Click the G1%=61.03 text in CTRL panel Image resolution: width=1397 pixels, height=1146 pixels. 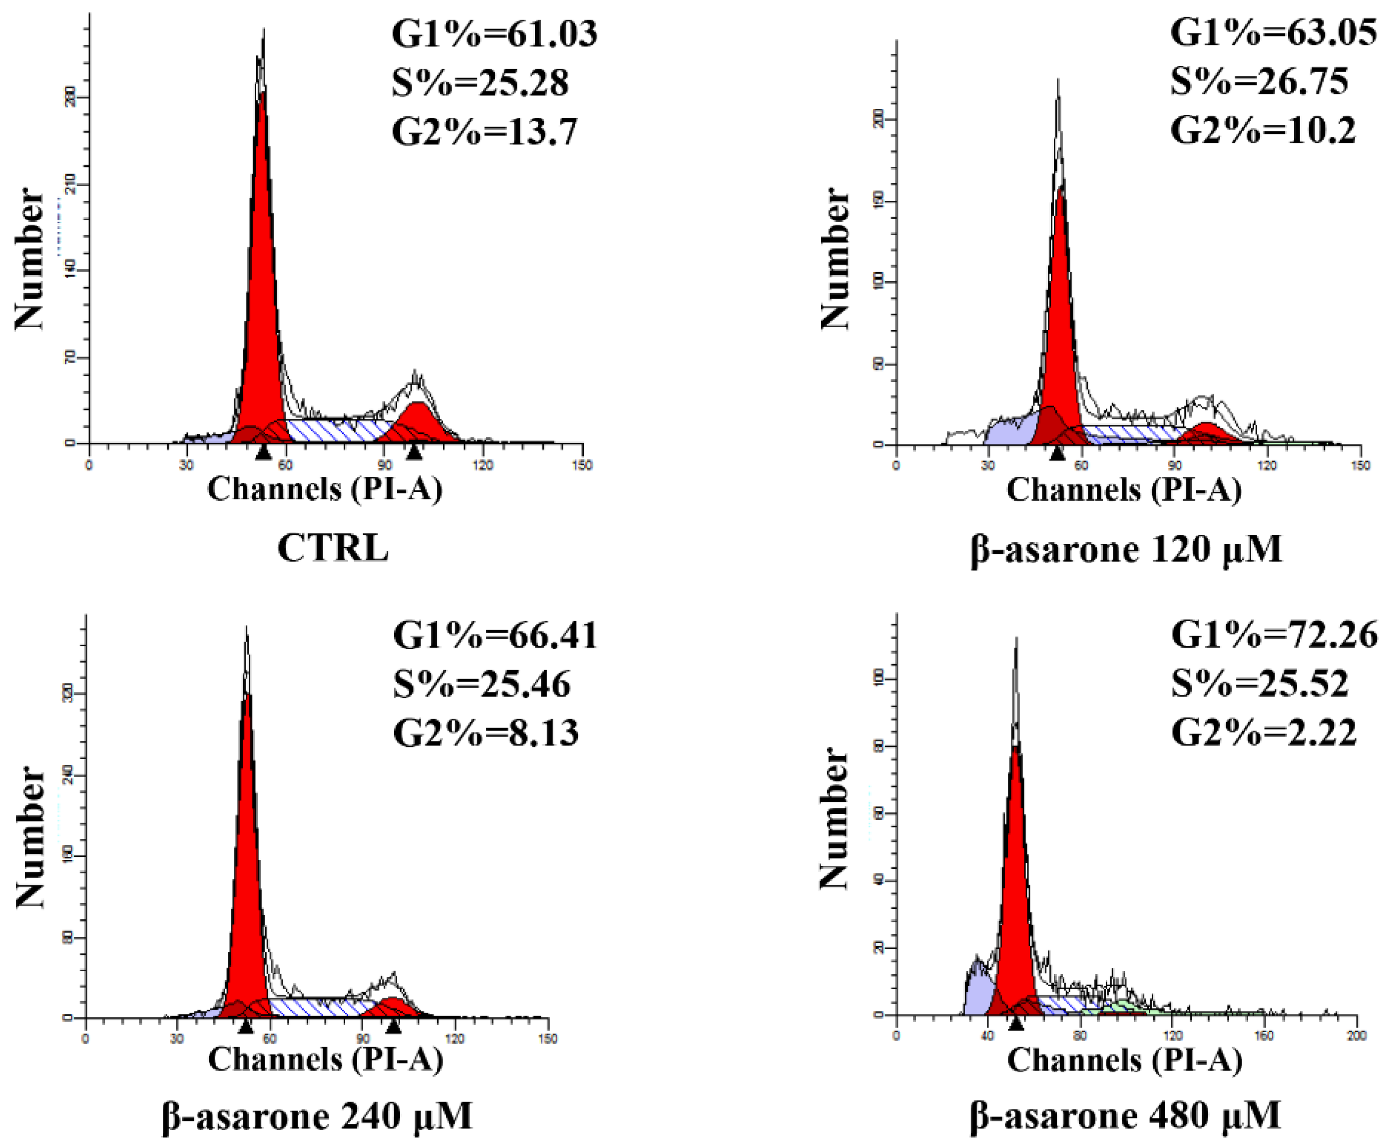[494, 34]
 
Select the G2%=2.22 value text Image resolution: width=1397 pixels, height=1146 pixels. [1264, 733]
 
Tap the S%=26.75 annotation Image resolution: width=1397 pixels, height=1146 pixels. [1258, 82]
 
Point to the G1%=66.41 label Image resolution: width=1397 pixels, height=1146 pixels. [495, 636]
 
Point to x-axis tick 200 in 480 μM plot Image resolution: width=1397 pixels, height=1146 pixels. [1356, 1037]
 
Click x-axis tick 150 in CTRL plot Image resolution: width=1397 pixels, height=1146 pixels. [582, 465]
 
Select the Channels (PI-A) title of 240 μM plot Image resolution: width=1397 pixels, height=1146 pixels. [326, 1060]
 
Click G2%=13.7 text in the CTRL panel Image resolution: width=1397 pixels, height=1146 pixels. [484, 132]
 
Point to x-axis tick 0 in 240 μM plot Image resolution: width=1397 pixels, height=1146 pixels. [85, 1039]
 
